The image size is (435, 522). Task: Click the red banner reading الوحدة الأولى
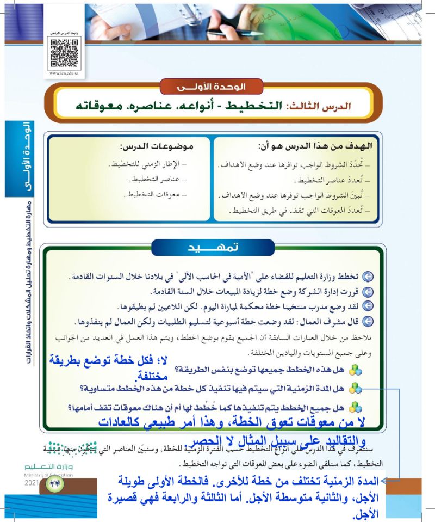[212, 87]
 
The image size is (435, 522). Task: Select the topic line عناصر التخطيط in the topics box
[161, 179]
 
